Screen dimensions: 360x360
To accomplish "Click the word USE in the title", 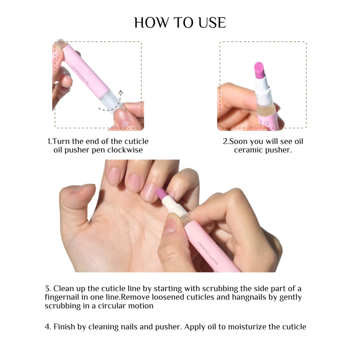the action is tap(212, 22).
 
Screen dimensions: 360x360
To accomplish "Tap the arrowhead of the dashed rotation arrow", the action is tap(121, 92).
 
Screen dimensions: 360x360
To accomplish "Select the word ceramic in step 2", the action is tap(249, 150).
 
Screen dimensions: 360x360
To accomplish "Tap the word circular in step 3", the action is tap(112, 306).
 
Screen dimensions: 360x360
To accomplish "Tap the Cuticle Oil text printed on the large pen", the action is tap(208, 253).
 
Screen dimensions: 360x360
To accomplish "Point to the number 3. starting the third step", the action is tap(48, 288).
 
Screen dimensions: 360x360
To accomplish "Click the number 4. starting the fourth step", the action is tap(48, 327).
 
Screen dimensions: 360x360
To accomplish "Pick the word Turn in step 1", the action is tap(61, 141).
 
